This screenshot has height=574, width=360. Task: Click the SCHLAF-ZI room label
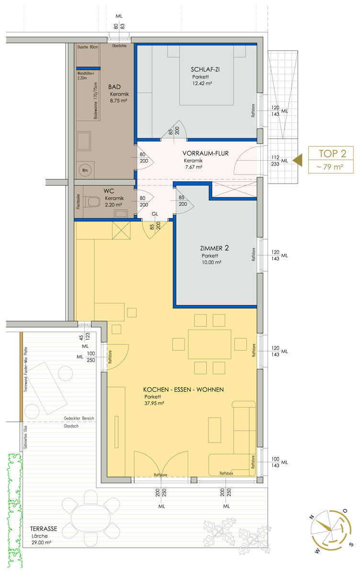click(x=205, y=69)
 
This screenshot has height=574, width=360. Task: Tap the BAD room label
click(x=114, y=87)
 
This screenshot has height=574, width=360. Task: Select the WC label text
click(x=109, y=191)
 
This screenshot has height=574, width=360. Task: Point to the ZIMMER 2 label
click(x=214, y=248)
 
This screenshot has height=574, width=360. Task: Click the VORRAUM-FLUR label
click(x=205, y=153)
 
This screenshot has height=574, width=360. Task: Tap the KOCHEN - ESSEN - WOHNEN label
click(x=183, y=389)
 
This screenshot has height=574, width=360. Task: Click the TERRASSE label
click(x=44, y=529)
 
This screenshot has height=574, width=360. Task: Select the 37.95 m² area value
click(x=154, y=403)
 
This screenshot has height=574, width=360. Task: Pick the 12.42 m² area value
click(x=202, y=83)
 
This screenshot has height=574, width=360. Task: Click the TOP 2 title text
click(x=333, y=154)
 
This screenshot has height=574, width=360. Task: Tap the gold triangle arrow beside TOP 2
click(x=298, y=160)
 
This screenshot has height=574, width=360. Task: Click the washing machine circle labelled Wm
click(x=85, y=170)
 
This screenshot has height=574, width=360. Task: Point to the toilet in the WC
click(x=93, y=201)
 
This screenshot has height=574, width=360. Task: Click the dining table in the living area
click(x=210, y=344)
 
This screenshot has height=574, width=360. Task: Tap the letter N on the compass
click(x=312, y=517)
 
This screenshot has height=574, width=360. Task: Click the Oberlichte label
click(x=119, y=46)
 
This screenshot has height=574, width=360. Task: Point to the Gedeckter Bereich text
click(x=79, y=418)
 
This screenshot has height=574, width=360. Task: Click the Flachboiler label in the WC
click(x=79, y=201)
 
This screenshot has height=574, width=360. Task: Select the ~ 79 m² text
click(x=330, y=167)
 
